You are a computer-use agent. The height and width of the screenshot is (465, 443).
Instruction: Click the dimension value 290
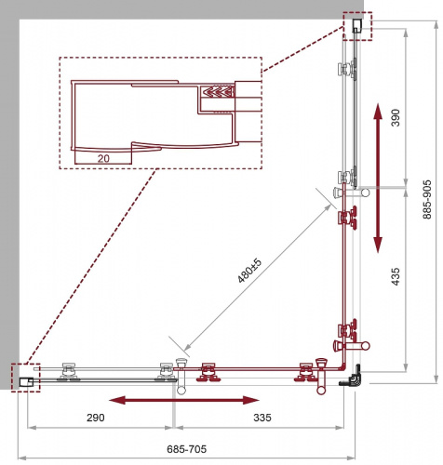(x=96, y=418)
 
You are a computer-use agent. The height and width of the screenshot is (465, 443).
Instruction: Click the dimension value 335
(x=262, y=418)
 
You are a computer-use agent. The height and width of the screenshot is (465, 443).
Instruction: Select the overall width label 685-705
(x=186, y=449)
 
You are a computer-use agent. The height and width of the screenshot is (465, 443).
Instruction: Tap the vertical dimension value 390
(x=396, y=117)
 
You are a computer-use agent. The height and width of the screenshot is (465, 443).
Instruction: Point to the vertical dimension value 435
(x=396, y=276)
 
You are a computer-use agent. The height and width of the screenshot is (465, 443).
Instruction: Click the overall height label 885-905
(x=427, y=199)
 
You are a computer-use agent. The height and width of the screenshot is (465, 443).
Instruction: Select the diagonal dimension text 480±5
(x=249, y=271)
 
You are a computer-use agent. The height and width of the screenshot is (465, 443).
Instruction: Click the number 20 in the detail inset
(x=103, y=158)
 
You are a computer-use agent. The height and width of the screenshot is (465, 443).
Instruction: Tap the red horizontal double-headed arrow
(x=184, y=400)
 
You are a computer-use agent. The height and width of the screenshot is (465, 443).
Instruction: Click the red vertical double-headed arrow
(x=378, y=179)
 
